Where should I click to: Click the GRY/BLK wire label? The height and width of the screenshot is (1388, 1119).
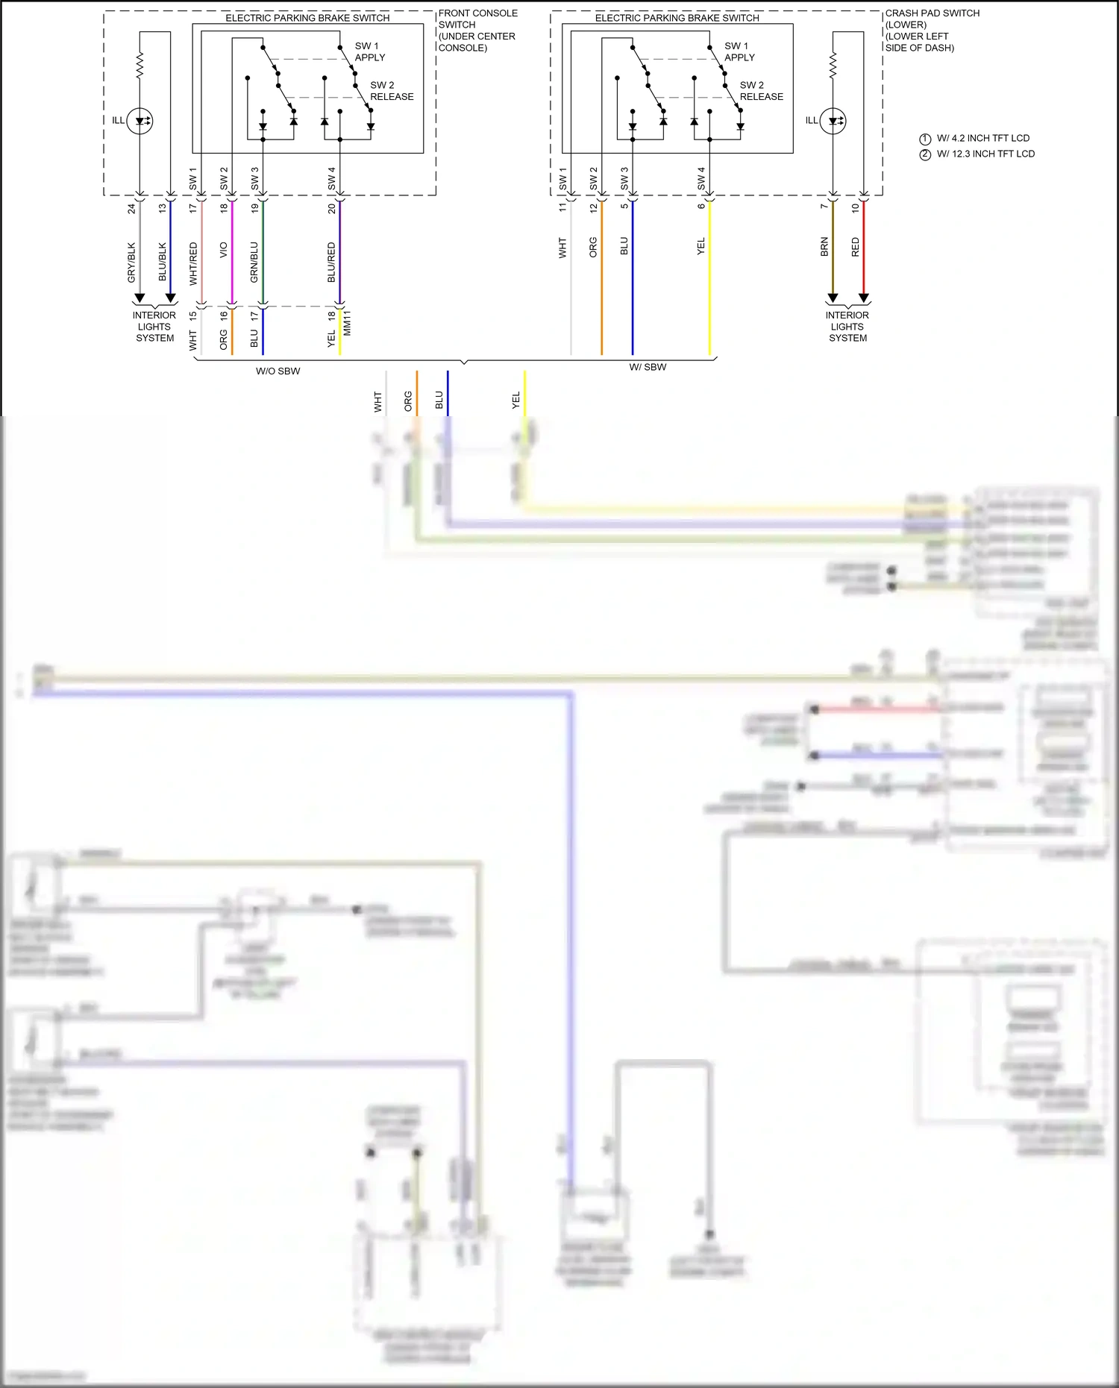click(x=131, y=262)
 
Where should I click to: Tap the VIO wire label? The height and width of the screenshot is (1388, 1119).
click(x=223, y=251)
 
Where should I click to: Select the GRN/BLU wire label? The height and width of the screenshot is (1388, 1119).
click(x=254, y=262)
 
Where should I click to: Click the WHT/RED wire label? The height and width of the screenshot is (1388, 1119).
click(x=193, y=263)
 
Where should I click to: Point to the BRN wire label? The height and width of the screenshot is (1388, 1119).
click(x=824, y=247)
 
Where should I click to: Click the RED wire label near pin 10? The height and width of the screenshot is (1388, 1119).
click(x=855, y=247)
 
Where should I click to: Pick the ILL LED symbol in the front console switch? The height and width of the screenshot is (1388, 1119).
click(x=140, y=121)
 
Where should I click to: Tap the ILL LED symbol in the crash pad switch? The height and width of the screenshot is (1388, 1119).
click(x=833, y=121)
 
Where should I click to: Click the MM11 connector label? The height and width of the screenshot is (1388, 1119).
click(x=347, y=323)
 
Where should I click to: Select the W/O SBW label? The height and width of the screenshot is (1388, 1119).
click(x=278, y=371)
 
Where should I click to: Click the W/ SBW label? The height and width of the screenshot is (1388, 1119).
click(x=648, y=367)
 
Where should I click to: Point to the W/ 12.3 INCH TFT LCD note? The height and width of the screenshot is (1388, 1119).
click(x=985, y=154)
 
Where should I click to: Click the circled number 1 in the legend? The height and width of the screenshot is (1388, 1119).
click(x=925, y=139)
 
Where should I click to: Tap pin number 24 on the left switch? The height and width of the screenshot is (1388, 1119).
click(x=131, y=209)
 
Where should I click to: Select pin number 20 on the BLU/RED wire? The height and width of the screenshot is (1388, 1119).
click(x=331, y=209)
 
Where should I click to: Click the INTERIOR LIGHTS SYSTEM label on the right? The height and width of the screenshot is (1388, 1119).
click(x=847, y=327)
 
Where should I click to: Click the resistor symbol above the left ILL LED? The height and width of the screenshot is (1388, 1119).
click(x=140, y=66)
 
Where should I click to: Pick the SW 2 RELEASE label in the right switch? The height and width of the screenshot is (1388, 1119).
click(x=761, y=91)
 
